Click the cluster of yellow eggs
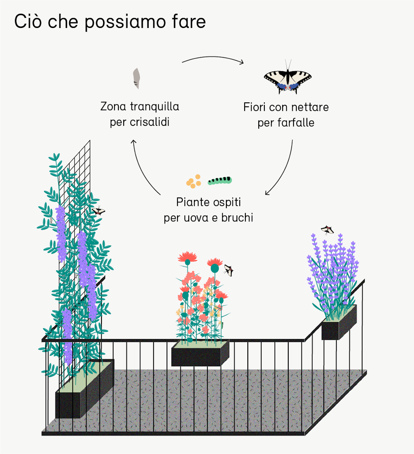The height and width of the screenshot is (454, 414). point(194,181)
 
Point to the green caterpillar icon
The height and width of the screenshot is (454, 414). point(220,180)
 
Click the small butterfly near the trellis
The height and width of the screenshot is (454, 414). point(98,211)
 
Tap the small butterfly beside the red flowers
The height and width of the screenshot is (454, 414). point(229,270)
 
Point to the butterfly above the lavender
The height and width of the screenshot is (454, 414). point(327,230)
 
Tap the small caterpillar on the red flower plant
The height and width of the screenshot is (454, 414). point(222,325)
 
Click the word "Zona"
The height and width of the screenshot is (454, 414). point(114,107)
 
